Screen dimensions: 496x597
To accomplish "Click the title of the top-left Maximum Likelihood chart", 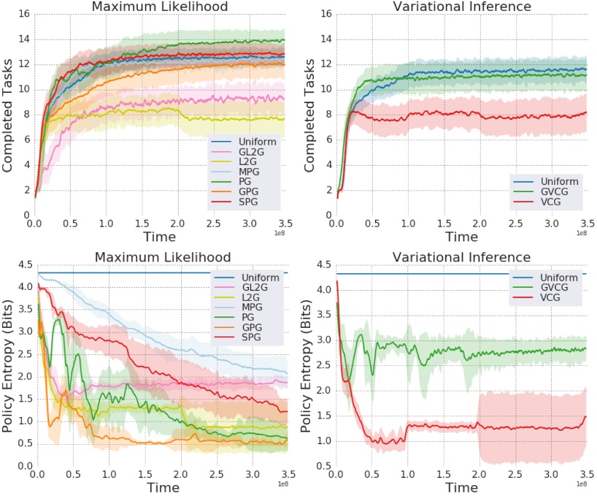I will tap(160, 7).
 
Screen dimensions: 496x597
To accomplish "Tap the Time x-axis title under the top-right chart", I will tap(461, 237).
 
